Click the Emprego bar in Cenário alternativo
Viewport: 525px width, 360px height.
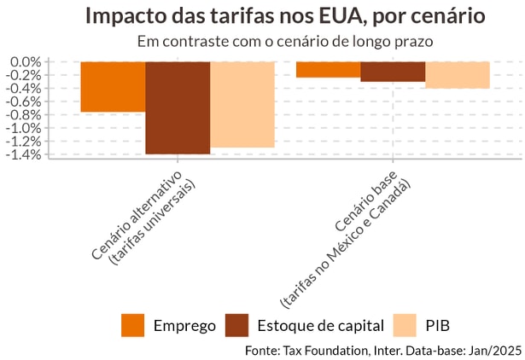[113, 87]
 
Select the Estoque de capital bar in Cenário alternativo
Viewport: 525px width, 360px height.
[178, 107]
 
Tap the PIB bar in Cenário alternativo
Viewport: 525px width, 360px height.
[242, 104]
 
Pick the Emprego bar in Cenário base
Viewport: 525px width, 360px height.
[328, 70]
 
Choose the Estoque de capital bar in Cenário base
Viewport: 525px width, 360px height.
[393, 72]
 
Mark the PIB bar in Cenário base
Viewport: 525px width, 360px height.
[458, 75]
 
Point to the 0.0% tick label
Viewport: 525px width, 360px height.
[26, 62]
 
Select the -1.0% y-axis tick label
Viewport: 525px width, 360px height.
[24, 128]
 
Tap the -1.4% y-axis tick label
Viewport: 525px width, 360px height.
[24, 154]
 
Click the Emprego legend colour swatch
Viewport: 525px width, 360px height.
[133, 325]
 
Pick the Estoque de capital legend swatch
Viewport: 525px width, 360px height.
[236, 325]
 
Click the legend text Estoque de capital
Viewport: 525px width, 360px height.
[320, 326]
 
